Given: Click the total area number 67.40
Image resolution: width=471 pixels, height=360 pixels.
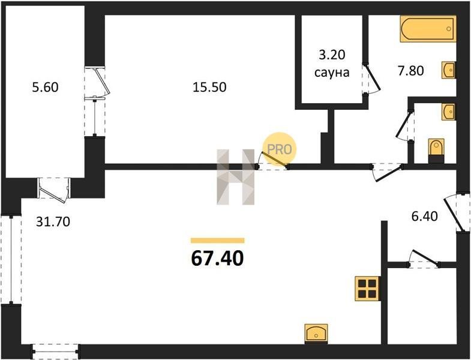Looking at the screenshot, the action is (x=217, y=259).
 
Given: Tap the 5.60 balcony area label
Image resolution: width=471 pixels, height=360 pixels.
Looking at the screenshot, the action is (x=45, y=88).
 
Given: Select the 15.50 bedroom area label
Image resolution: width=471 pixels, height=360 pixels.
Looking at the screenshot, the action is (x=209, y=88).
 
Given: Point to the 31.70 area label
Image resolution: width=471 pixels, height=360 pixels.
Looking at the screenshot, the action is (x=53, y=222).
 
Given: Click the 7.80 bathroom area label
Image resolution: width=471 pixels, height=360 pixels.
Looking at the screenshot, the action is (x=410, y=71).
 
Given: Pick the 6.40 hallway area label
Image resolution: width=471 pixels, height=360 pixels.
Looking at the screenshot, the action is (x=424, y=216).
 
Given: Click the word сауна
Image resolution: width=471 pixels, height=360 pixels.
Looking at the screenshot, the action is (x=332, y=73).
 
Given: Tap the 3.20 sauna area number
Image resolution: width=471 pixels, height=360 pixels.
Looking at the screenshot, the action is (x=332, y=55).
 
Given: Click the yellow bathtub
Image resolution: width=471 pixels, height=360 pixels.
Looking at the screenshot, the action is (x=428, y=29).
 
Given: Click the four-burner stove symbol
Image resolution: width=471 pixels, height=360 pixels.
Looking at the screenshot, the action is (x=367, y=288).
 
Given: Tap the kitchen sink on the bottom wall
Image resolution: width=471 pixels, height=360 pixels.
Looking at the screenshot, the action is (x=316, y=334).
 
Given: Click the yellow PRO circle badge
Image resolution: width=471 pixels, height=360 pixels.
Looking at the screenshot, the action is (x=280, y=149).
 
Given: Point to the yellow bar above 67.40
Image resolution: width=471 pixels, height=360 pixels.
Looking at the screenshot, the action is (x=218, y=241).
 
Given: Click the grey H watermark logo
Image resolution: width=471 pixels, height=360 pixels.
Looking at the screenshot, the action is (x=235, y=177).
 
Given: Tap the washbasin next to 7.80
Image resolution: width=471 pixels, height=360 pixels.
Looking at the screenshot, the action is (x=449, y=70).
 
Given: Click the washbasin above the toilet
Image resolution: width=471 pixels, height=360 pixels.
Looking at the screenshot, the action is (x=449, y=112).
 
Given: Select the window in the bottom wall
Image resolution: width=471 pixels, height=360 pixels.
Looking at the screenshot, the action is (x=55, y=351).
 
